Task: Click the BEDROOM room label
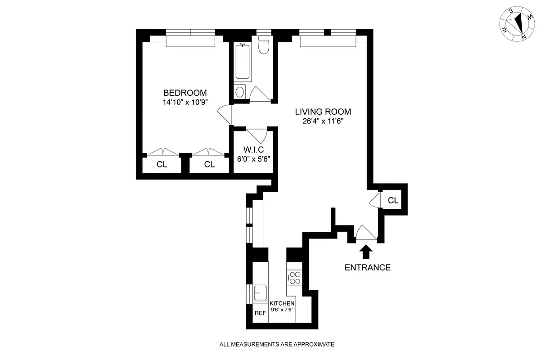[185, 93]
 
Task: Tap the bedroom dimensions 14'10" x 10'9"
[185, 102]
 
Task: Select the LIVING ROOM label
[323, 112]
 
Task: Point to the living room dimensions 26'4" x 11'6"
[323, 121]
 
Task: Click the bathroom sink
[240, 92]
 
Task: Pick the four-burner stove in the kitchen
[294, 278]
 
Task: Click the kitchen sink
[260, 293]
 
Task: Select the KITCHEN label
[282, 304]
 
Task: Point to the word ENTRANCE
[367, 267]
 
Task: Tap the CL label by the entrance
[393, 201]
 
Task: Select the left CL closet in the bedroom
[162, 165]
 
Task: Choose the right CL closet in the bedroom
[209, 165]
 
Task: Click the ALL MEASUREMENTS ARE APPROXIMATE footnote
[277, 345]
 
